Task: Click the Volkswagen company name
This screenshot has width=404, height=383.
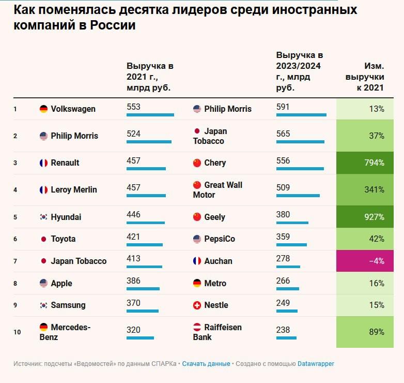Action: [73, 109]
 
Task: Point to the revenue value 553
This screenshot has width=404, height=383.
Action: [133, 107]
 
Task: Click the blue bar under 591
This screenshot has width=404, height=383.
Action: [301, 115]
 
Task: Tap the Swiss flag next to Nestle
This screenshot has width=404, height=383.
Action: [197, 305]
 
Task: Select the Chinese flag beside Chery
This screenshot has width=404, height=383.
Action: [197, 163]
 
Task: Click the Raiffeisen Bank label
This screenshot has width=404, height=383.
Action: [217, 332]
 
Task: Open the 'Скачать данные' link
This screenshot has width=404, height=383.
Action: [206, 364]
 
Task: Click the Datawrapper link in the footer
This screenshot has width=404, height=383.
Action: [316, 364]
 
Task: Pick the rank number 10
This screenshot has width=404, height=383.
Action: [17, 332]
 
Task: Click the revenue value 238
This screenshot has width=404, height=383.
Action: [283, 330]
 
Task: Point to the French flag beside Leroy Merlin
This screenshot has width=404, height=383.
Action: [43, 189]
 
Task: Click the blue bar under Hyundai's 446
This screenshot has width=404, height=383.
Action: [146, 223]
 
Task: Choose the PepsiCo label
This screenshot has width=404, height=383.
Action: [220, 239]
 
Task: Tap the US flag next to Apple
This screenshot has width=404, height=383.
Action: [43, 283]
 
